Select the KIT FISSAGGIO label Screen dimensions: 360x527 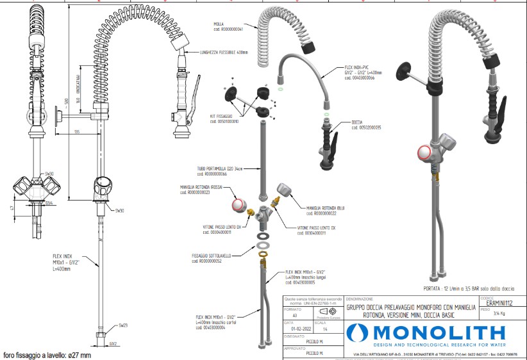227,118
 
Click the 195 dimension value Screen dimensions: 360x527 76,131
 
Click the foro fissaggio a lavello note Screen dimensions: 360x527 47,355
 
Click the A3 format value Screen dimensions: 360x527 294,316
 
